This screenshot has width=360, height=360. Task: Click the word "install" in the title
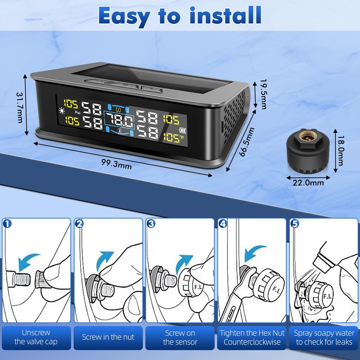pyautogui.click(x=226, y=15)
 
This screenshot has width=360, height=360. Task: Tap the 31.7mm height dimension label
pyautogui.click(x=20, y=108)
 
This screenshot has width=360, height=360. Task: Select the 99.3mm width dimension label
pyautogui.click(x=117, y=164)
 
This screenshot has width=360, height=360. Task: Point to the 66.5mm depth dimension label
pyautogui.click(x=247, y=142)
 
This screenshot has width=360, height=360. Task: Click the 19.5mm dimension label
pyautogui.click(x=263, y=94)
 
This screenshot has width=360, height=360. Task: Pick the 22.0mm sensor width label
pyautogui.click(x=308, y=183)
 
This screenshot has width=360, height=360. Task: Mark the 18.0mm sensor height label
pyautogui.click(x=341, y=150)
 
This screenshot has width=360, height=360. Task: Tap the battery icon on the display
pyautogui.click(x=183, y=130)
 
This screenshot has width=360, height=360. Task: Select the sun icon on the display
pyautogui.click(x=62, y=111)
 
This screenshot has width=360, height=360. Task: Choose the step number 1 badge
pyautogui.click(x=8, y=223)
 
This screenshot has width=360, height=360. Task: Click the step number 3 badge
pyautogui.click(x=151, y=223)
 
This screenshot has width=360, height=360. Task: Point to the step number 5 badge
pyautogui.click(x=295, y=223)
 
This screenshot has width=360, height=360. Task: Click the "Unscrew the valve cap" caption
pyautogui.click(x=36, y=337)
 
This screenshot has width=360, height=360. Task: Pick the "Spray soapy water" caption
pyautogui.click(x=324, y=333)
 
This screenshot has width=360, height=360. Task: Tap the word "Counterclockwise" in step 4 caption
pyautogui.click(x=252, y=342)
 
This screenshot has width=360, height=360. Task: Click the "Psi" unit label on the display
pyautogui.click(x=77, y=112)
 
